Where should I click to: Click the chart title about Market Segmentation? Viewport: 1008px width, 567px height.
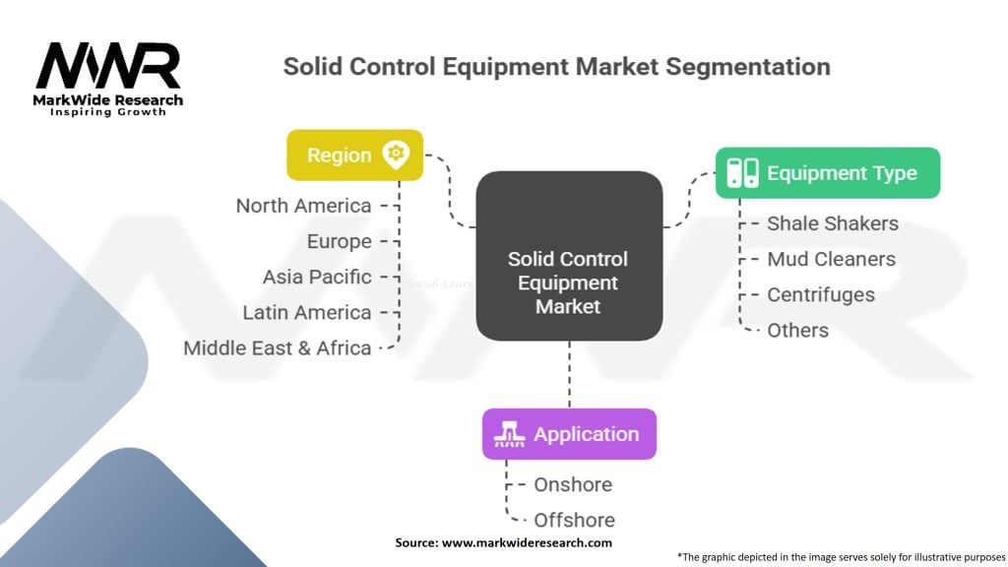(x=556, y=67)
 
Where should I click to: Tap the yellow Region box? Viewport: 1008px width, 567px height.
(x=354, y=156)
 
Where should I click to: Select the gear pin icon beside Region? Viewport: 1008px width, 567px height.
(x=397, y=155)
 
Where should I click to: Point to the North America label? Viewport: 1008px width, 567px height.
(x=303, y=206)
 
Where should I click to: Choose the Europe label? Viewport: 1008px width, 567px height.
(x=340, y=241)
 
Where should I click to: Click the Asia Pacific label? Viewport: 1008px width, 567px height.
(x=317, y=277)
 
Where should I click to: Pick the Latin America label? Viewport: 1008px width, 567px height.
(x=307, y=312)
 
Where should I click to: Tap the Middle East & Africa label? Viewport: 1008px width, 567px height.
(x=278, y=347)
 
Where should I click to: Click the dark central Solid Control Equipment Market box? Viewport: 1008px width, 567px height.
(x=568, y=256)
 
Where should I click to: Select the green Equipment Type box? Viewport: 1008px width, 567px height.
(x=827, y=173)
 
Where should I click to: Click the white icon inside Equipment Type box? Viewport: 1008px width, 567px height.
(x=742, y=173)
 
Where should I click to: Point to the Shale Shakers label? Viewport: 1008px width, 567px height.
(x=833, y=223)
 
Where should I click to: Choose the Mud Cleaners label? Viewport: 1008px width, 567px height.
(x=831, y=259)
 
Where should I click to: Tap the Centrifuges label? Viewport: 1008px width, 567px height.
(x=821, y=294)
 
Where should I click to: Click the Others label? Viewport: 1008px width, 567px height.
(x=797, y=330)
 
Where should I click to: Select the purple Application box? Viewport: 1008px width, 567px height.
(x=568, y=434)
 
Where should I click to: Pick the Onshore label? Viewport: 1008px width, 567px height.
(x=573, y=484)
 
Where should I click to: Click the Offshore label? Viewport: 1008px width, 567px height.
(x=574, y=520)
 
